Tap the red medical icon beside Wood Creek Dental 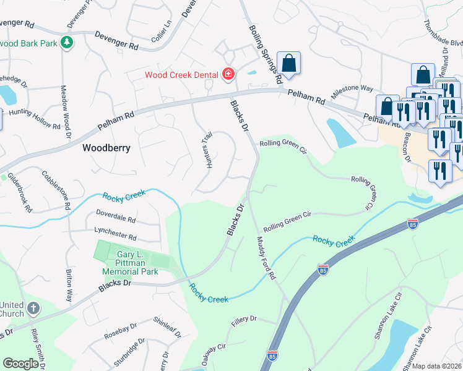(228, 75)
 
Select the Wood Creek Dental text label (181, 75)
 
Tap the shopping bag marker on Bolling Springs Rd (288, 63)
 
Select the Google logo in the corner (20, 364)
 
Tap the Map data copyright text (437, 366)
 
